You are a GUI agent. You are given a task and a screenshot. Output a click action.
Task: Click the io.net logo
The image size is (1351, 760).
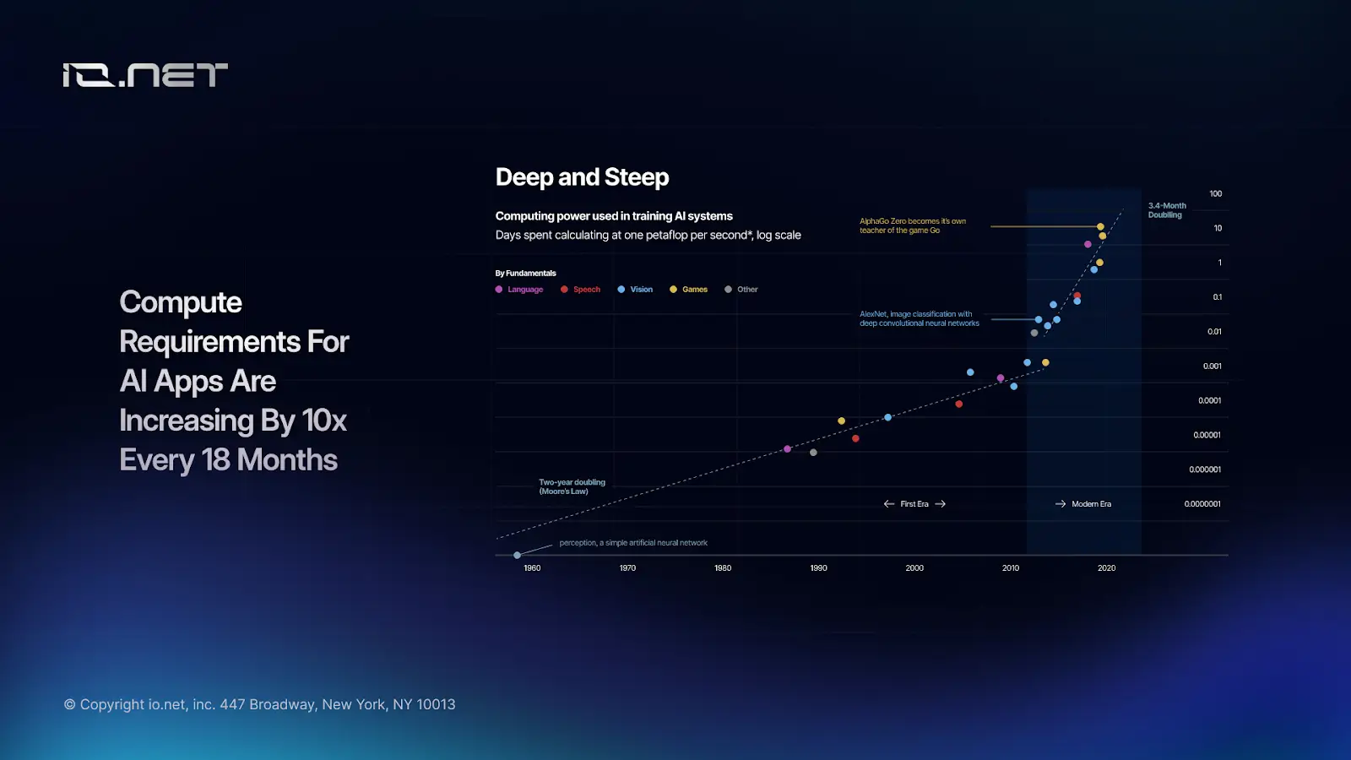pyautogui.click(x=145, y=75)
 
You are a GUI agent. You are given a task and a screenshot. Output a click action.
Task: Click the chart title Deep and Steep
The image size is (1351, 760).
pyautogui.click(x=582, y=177)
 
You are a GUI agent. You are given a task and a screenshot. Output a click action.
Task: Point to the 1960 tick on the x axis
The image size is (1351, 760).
pyautogui.click(x=532, y=568)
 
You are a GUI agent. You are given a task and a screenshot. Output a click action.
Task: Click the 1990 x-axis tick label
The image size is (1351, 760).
pyautogui.click(x=818, y=568)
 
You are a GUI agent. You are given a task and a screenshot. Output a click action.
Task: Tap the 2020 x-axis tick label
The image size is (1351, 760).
pyautogui.click(x=1106, y=568)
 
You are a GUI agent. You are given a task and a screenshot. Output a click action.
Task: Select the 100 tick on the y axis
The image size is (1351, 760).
pyautogui.click(x=1215, y=194)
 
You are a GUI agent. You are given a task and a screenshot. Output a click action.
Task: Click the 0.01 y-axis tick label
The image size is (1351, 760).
pyautogui.click(x=1214, y=332)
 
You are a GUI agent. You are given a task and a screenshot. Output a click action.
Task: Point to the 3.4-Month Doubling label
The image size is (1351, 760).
pyautogui.click(x=1167, y=210)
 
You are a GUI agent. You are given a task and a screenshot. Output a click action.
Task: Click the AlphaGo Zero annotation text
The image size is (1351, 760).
pyautogui.click(x=912, y=225)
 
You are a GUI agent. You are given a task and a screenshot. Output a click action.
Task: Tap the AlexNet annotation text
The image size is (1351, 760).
pyautogui.click(x=919, y=318)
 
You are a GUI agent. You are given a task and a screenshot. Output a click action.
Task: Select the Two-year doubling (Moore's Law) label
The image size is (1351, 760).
pyautogui.click(x=572, y=486)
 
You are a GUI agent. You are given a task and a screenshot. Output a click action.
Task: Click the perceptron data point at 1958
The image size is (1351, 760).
pyautogui.click(x=517, y=555)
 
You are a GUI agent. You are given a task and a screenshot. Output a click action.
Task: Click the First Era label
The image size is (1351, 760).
pyautogui.click(x=914, y=504)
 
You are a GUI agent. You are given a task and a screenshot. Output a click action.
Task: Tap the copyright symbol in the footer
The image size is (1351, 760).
pyautogui.click(x=70, y=704)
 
